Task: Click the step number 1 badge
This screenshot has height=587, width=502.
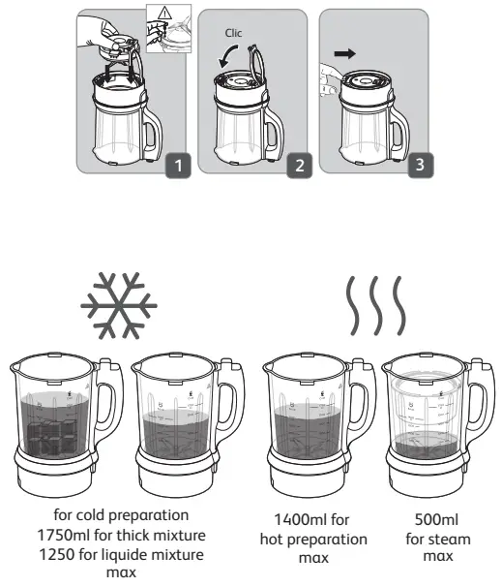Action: [177, 166]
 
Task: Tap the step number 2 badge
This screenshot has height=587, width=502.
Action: [299, 166]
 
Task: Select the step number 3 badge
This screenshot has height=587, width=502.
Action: [418, 166]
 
